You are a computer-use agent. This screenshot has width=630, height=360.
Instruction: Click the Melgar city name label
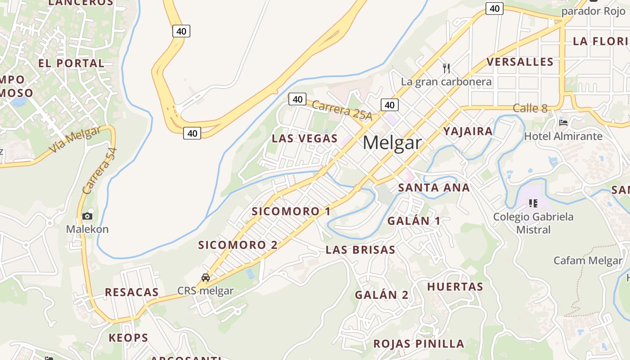(x=392, y=143)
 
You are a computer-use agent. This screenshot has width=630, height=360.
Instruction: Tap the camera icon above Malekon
(x=88, y=216)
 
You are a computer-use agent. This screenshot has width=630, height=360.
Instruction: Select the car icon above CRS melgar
(x=206, y=277)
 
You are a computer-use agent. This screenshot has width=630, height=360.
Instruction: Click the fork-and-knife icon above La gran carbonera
(x=446, y=68)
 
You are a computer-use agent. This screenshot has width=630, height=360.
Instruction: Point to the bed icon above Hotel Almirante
(x=563, y=122)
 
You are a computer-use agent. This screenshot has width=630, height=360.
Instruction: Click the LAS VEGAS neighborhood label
(x=305, y=138)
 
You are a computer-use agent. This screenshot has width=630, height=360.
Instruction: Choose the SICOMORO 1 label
(x=291, y=211)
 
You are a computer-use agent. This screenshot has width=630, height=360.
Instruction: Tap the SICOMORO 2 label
(x=238, y=245)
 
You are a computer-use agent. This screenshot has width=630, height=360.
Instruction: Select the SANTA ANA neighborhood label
(x=434, y=188)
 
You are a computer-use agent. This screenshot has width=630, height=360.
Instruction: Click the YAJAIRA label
(x=468, y=131)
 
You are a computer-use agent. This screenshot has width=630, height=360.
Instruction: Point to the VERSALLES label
(x=520, y=62)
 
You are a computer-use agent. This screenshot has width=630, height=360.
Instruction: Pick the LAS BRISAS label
(x=360, y=250)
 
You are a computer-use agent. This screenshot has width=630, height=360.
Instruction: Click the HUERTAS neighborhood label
(x=455, y=287)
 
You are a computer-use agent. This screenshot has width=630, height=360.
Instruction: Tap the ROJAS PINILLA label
(x=418, y=344)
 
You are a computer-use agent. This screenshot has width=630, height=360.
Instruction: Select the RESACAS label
(x=132, y=292)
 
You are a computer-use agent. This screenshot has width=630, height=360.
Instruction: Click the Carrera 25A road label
(x=342, y=110)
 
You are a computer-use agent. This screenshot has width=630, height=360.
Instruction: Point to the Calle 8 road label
(x=530, y=108)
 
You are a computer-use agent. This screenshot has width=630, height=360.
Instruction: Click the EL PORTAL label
(x=72, y=63)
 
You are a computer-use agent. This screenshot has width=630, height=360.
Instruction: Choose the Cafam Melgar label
(x=588, y=260)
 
